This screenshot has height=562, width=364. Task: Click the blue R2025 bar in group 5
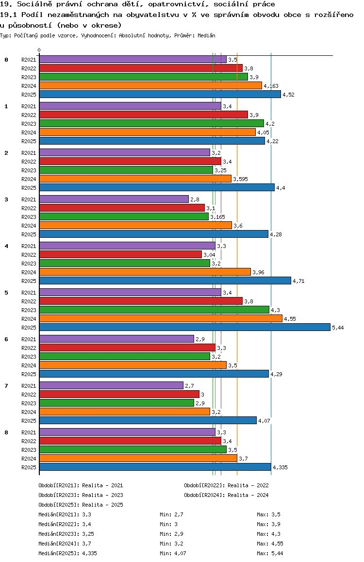184,327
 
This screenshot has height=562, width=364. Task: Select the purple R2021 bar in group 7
111,385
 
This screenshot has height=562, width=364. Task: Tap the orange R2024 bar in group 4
145,272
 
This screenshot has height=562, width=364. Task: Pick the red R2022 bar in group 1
143,115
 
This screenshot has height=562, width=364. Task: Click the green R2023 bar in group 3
124,216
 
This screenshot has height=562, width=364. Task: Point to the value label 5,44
338,328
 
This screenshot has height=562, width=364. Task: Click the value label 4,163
271,86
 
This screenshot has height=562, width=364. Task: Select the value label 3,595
241,179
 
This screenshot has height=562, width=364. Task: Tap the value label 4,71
299,281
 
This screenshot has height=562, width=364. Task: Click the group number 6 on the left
6,339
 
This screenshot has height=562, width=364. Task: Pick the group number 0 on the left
6,60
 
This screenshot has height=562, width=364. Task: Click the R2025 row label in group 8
29,467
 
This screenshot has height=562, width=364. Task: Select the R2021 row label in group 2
29,153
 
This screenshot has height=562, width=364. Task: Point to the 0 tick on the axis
39,50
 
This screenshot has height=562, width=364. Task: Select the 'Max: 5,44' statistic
270,553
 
